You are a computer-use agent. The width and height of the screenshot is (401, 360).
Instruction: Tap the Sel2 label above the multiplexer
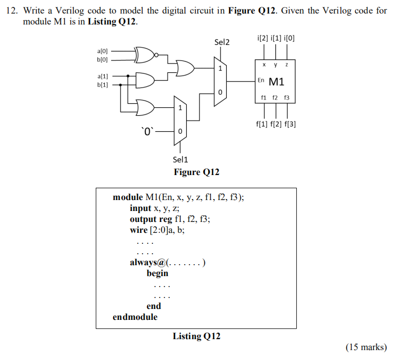click(222, 42)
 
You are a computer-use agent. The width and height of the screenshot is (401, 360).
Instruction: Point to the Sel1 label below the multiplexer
click(180, 159)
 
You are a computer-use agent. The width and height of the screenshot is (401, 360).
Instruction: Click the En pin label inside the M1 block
click(261, 80)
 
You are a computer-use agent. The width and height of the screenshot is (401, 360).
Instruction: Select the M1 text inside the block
click(277, 82)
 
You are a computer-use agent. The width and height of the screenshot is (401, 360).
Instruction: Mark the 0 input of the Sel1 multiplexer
click(180, 132)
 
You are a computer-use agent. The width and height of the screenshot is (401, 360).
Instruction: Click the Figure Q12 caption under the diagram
click(197, 172)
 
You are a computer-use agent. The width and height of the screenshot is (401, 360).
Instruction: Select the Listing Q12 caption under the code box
click(197, 337)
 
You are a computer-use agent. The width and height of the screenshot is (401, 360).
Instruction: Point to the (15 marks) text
click(366, 347)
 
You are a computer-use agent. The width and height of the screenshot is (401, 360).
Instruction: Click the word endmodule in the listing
click(135, 317)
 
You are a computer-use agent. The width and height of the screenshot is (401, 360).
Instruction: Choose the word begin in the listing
click(157, 273)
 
